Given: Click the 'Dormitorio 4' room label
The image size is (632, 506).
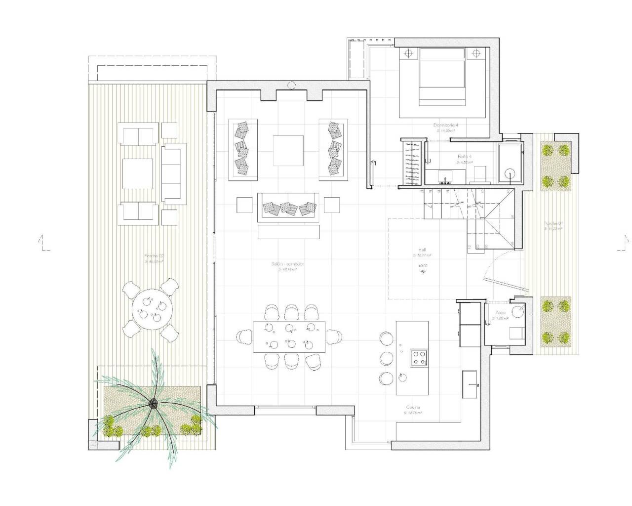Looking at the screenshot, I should [x=446, y=126].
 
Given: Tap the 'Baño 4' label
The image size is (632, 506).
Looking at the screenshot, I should [x=464, y=156].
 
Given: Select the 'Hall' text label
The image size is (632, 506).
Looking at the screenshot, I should [x=422, y=250].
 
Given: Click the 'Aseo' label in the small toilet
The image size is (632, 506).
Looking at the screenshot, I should [x=501, y=313].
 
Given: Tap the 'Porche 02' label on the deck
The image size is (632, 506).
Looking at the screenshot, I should [x=154, y=256].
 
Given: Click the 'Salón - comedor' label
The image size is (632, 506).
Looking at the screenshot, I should [x=287, y=264].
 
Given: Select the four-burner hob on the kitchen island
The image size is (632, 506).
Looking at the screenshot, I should [x=419, y=358].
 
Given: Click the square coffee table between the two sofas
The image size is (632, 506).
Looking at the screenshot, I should [x=289, y=150].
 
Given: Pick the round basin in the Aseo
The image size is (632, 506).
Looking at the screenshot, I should [x=517, y=311].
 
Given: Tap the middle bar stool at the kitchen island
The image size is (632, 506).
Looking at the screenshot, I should [x=386, y=358].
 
